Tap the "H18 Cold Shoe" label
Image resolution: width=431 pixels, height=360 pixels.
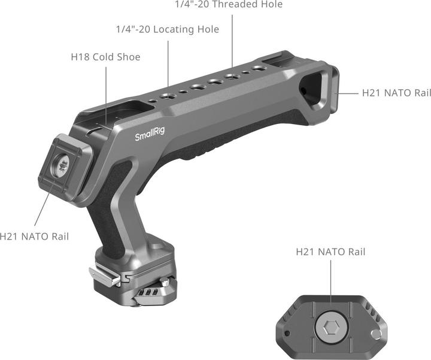click(x=106, y=58)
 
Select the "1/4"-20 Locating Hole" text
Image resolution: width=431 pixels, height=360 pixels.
click(x=167, y=29)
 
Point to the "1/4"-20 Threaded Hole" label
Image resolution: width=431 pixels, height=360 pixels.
click(x=229, y=5)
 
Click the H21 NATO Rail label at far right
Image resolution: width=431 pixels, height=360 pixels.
click(x=396, y=93)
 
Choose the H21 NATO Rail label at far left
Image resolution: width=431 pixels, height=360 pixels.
click(x=34, y=236)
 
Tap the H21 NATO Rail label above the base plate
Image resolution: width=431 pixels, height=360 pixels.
click(x=330, y=252)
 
